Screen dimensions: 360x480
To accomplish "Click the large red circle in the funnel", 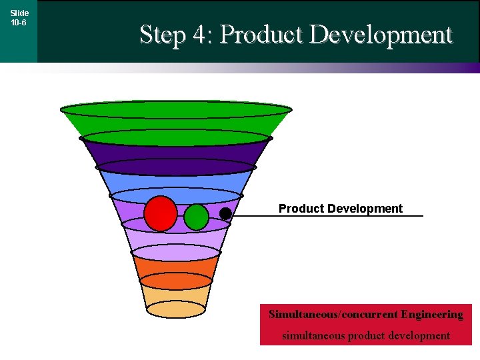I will [161, 213].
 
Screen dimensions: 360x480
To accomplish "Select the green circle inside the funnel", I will [196, 217].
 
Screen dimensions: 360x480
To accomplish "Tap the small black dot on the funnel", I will [225, 213].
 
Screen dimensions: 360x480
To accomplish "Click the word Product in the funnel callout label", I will [299, 209].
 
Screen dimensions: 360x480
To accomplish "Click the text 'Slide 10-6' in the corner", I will [19, 17].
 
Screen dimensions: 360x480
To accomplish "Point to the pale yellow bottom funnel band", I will [176, 297].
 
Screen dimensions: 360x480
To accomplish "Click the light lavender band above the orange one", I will [176, 240].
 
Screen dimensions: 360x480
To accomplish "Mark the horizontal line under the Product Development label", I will [333, 216].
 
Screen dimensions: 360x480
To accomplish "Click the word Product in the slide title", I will [260, 35].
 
